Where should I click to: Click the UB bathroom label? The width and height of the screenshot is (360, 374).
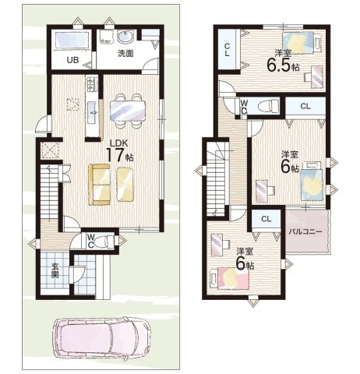click(x=72, y=60)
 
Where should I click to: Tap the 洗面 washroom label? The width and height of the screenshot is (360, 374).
click(x=125, y=54)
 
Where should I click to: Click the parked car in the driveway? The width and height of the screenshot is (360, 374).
click(x=101, y=340)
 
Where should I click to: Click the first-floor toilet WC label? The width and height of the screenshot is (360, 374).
click(x=90, y=242)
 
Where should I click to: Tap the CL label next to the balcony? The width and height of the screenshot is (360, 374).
click(x=266, y=220)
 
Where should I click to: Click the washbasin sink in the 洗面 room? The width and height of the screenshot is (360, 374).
click(x=126, y=38)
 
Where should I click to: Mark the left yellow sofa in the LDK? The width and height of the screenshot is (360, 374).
click(x=99, y=185)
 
